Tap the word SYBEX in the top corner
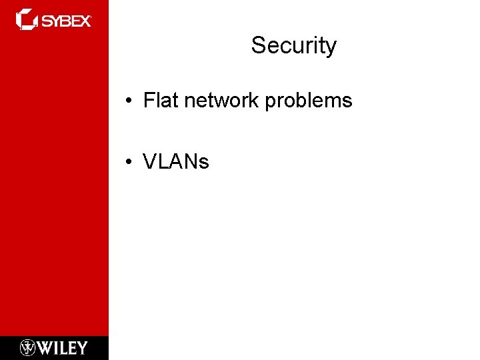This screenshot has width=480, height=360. (x=67, y=21)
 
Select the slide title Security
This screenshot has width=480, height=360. (x=294, y=46)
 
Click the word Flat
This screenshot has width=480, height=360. (x=157, y=101)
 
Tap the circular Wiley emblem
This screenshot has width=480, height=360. (x=28, y=347)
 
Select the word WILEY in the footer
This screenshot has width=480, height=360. (x=63, y=347)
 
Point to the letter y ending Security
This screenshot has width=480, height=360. (x=331, y=49)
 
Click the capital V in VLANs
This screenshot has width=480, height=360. (x=150, y=161)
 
